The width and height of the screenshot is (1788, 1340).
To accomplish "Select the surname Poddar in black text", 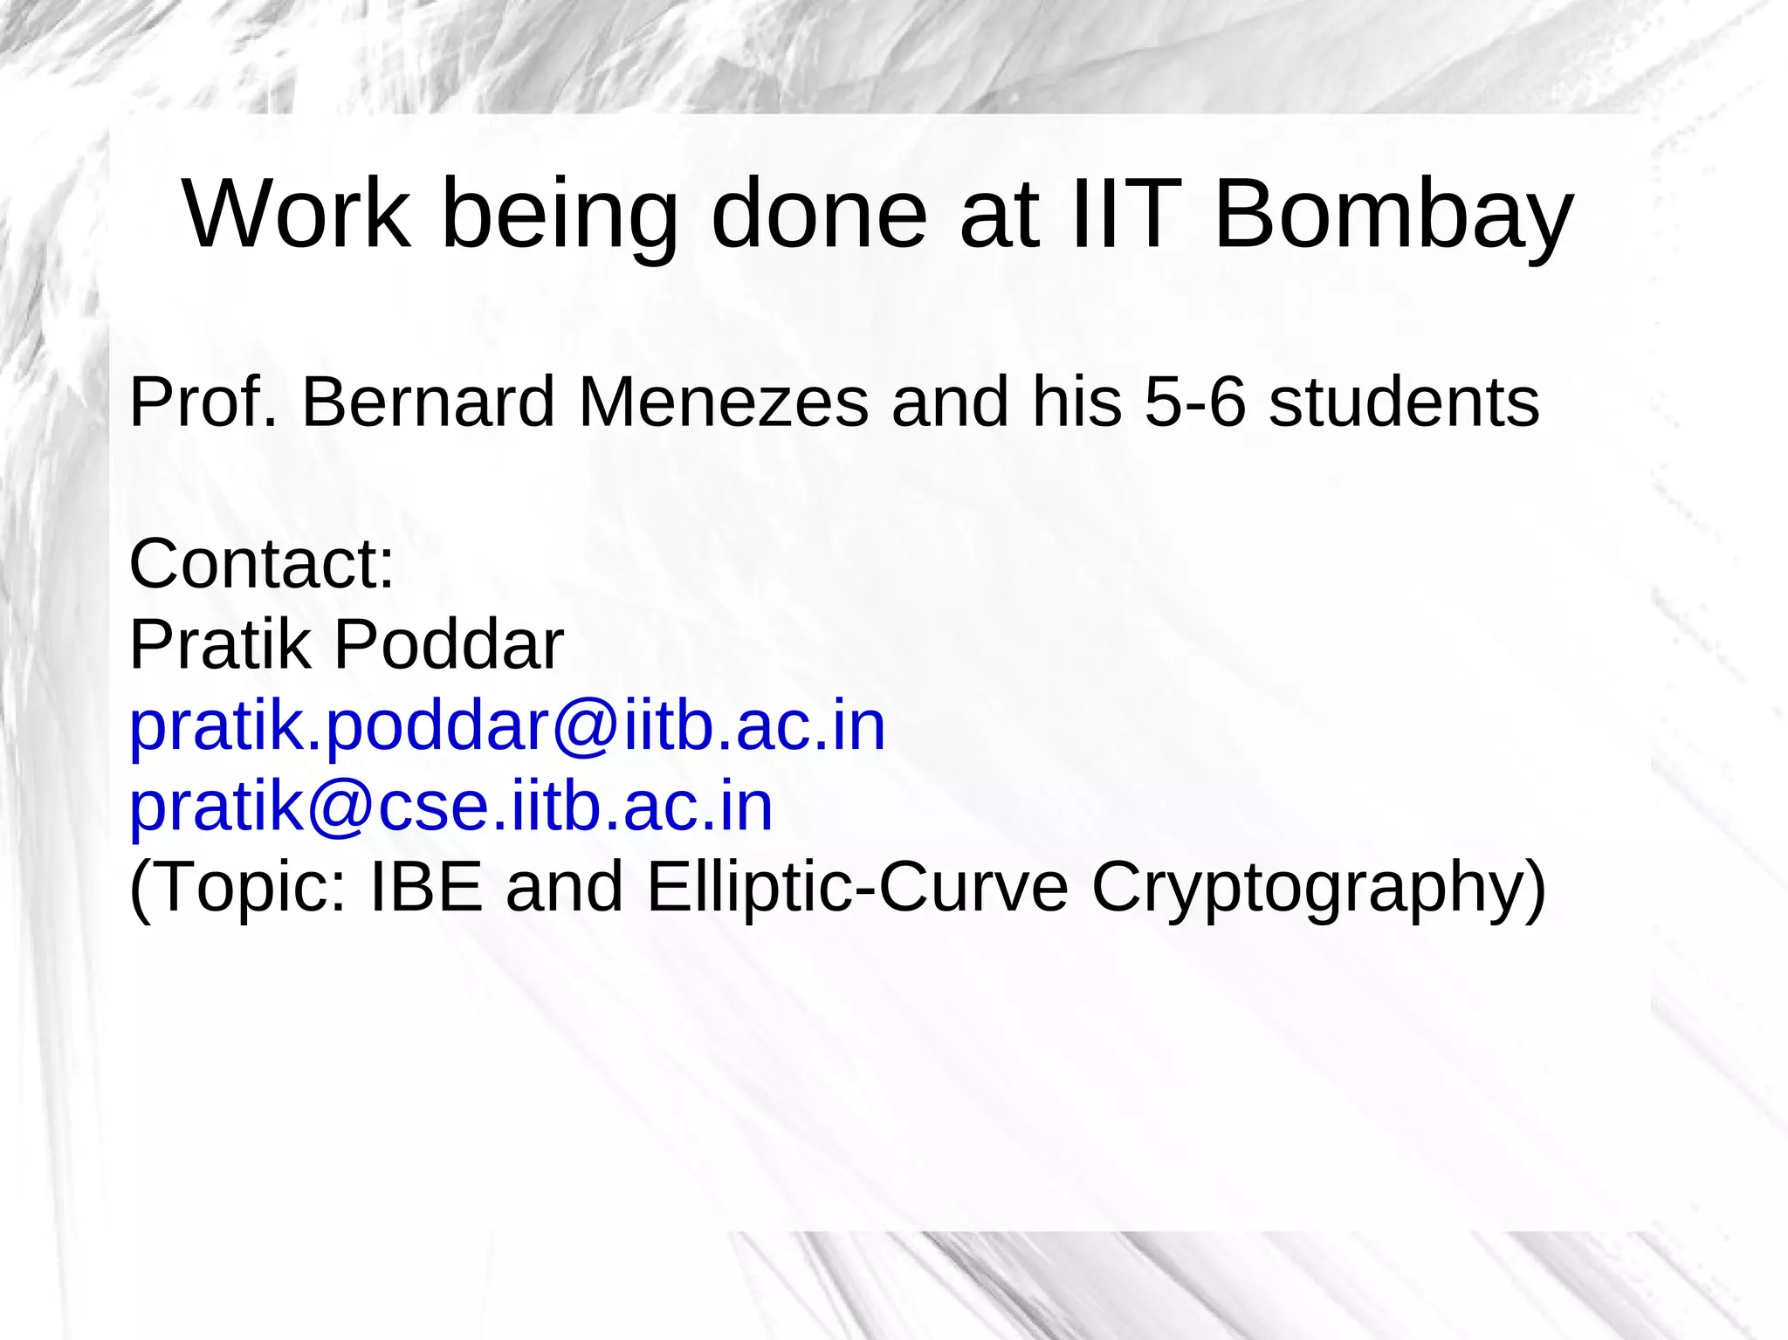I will (449, 644).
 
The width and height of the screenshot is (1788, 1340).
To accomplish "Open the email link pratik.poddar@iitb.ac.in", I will (507, 726).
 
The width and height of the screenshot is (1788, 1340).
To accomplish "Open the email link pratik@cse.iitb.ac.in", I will (450, 807).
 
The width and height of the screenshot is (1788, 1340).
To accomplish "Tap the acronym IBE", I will (426, 887).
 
